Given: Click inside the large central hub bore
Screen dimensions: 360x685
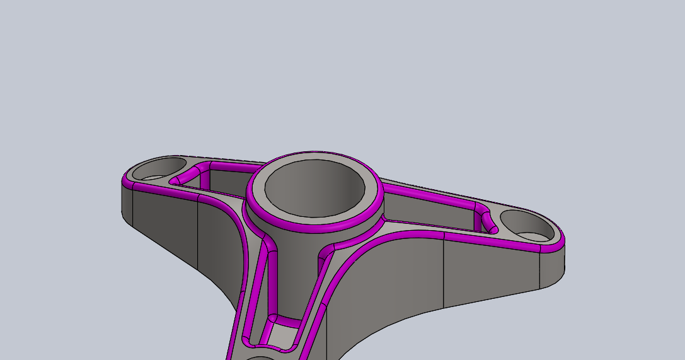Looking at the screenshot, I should coord(314,188).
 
